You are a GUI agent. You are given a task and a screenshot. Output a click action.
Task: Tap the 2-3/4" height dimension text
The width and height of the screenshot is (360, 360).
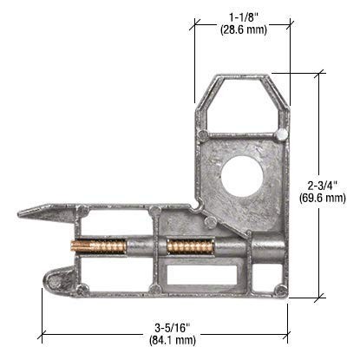point(328,184)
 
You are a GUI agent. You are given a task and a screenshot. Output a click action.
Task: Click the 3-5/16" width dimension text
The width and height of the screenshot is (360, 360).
point(166,326)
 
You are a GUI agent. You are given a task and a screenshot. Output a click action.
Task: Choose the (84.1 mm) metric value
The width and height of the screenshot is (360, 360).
point(166,340)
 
